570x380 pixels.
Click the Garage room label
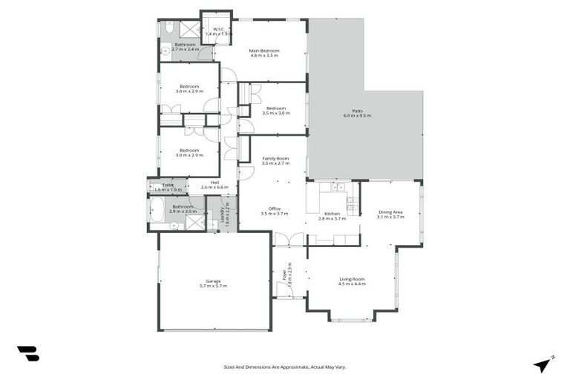click(x=214, y=281)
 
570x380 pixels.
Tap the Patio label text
click(x=357, y=111)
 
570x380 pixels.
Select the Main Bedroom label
click(x=263, y=50)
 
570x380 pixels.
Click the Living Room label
click(x=353, y=279)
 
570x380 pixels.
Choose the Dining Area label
click(x=390, y=212)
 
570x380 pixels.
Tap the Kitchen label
click(x=332, y=214)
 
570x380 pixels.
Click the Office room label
click(x=274, y=209)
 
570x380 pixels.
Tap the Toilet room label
click(x=168, y=186)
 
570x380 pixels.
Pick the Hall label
click(x=214, y=183)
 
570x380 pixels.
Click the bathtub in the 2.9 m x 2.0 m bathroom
click(x=159, y=210)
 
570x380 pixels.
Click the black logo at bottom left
click(x=27, y=354)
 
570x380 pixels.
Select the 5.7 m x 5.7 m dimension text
click(x=214, y=286)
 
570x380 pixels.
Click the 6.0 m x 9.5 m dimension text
click(x=357, y=117)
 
